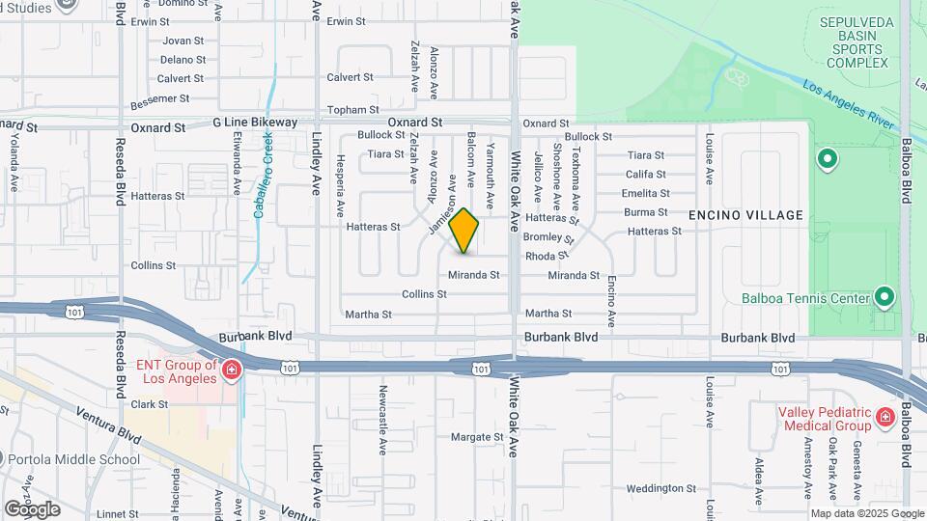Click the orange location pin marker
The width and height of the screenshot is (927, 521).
click(464, 231)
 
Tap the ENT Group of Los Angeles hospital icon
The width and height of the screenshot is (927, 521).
click(231, 370)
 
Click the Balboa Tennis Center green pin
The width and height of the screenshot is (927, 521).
click(884, 297)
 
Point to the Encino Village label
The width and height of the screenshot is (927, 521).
click(746, 214)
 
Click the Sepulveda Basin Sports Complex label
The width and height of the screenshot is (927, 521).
click(853, 41)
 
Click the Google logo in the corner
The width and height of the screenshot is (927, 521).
click(32, 509)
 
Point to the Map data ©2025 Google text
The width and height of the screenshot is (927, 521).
click(866, 513)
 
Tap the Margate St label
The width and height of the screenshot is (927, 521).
click(477, 436)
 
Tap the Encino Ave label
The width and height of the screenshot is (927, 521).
click(611, 300)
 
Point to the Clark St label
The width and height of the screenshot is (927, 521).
click(150, 404)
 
